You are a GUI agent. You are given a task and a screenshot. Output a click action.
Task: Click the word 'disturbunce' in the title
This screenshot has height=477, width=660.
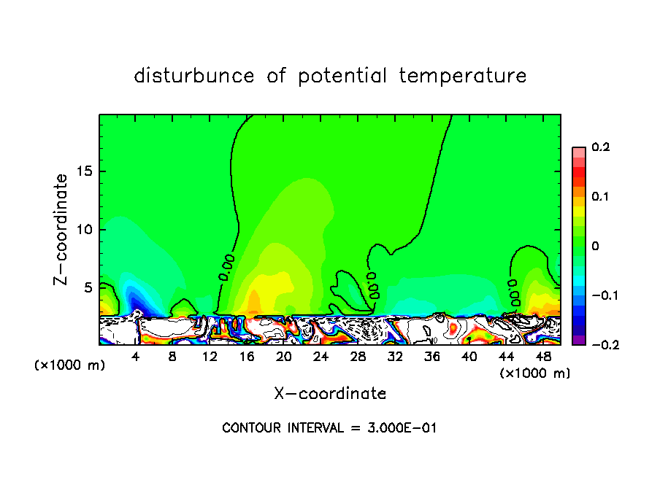tap(194, 76)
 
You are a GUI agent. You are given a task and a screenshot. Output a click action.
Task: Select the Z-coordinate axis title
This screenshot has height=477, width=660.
tap(62, 229)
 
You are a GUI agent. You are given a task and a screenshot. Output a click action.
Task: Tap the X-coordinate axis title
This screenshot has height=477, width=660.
tap(330, 394)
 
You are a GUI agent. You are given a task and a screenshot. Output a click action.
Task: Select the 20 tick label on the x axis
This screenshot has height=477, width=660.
tap(283, 357)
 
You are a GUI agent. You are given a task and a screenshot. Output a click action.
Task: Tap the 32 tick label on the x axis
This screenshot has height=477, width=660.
tap(395, 357)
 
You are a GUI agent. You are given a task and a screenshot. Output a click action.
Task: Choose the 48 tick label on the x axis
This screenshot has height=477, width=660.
tap(543, 357)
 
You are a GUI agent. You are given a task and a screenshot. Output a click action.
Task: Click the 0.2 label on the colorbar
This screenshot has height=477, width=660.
tap(600, 147)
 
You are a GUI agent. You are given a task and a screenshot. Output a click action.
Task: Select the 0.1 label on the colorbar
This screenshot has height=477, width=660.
tap(600, 197)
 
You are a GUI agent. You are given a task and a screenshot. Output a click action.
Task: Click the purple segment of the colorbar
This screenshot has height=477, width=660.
tap(579, 340)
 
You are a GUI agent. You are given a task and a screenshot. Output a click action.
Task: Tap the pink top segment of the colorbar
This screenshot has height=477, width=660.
tap(579, 152)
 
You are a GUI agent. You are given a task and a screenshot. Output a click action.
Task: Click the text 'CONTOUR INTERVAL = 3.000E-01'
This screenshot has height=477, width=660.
tap(329, 428)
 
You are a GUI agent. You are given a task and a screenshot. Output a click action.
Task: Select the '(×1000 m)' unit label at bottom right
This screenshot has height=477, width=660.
tap(535, 373)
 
